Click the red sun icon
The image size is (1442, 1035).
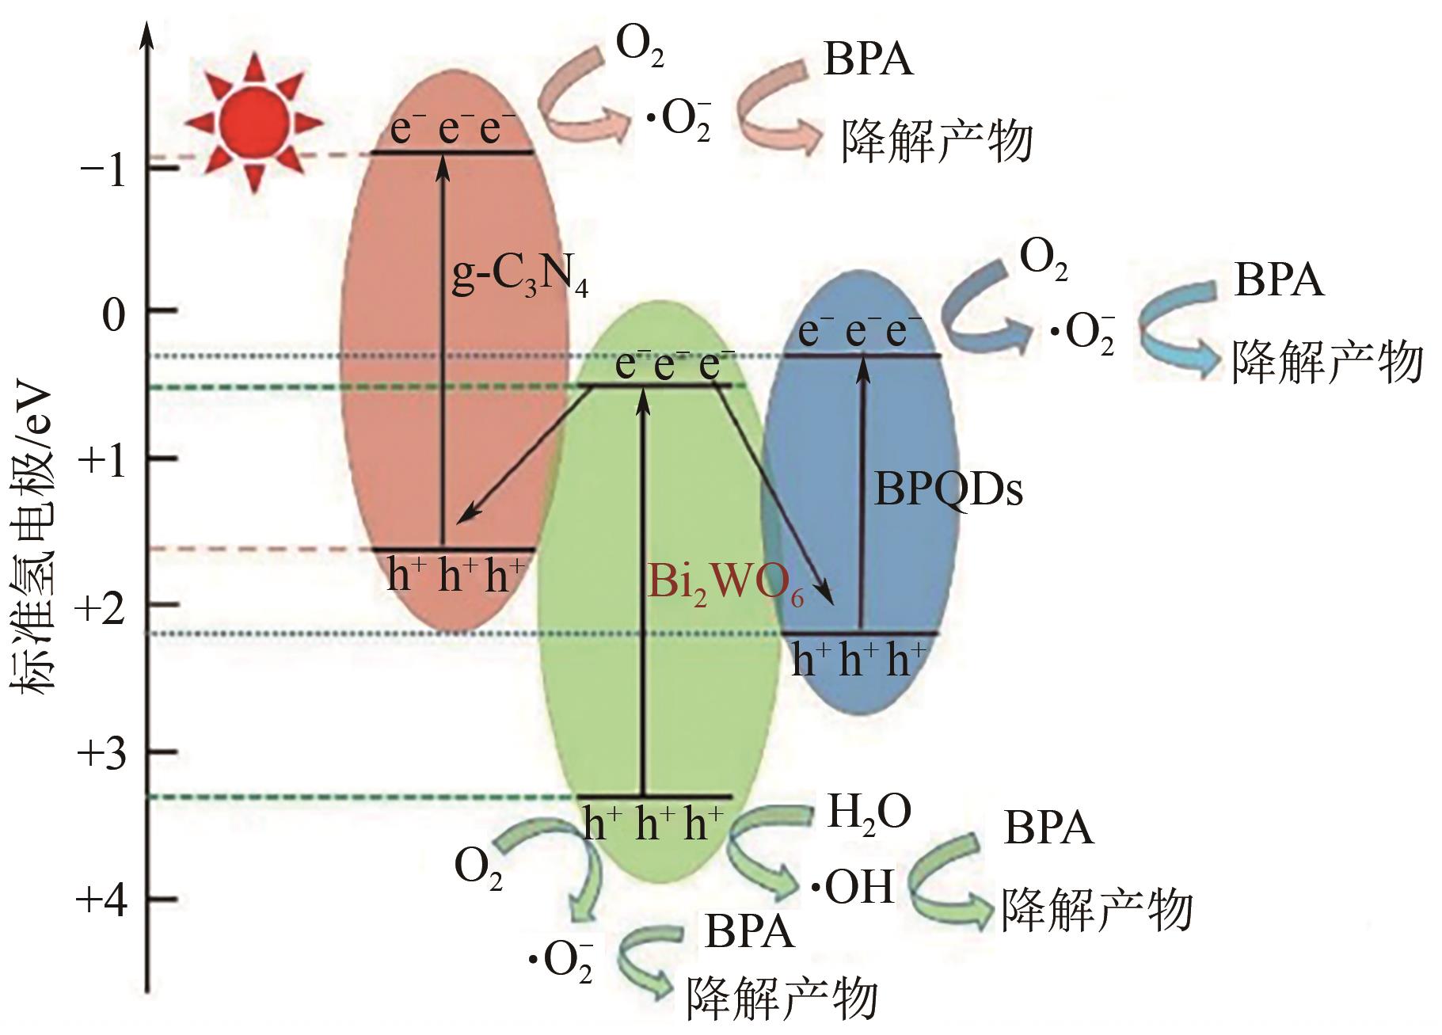point(253,123)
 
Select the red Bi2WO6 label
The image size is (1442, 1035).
point(725,584)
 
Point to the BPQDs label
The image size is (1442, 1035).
point(948,490)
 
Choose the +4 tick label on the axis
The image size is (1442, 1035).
point(102,900)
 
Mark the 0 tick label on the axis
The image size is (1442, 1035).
point(114,315)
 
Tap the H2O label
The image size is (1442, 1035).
point(869,812)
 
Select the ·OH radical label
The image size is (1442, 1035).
point(852,887)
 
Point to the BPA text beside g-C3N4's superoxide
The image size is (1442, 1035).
point(868,59)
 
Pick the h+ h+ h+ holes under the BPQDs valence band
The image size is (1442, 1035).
point(858,659)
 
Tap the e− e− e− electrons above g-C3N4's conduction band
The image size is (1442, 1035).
point(452,128)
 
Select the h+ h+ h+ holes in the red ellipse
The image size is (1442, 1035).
point(455,574)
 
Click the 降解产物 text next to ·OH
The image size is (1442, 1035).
point(1097,910)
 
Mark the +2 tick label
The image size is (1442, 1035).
point(102,608)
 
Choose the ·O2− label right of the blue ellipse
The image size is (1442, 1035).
point(1082,333)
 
